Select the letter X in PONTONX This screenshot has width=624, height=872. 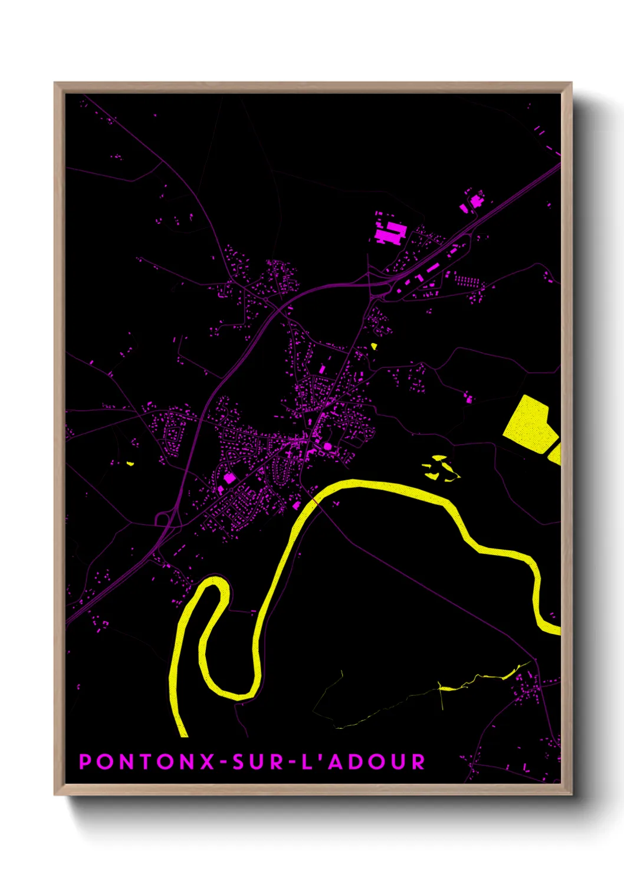click(x=207, y=762)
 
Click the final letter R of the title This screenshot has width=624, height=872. click(x=418, y=762)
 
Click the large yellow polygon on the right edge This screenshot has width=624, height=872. click(x=528, y=425)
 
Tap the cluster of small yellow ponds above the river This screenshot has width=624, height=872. click(x=439, y=467)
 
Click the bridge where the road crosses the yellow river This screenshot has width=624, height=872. click(x=316, y=501)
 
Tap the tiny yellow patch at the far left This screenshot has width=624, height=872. click(x=130, y=464)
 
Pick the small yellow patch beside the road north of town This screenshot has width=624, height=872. click(x=373, y=346)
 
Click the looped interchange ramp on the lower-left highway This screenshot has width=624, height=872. click(x=162, y=518)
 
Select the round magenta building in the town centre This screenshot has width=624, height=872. click(x=327, y=446)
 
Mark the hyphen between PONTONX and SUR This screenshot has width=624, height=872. click(x=224, y=762)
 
